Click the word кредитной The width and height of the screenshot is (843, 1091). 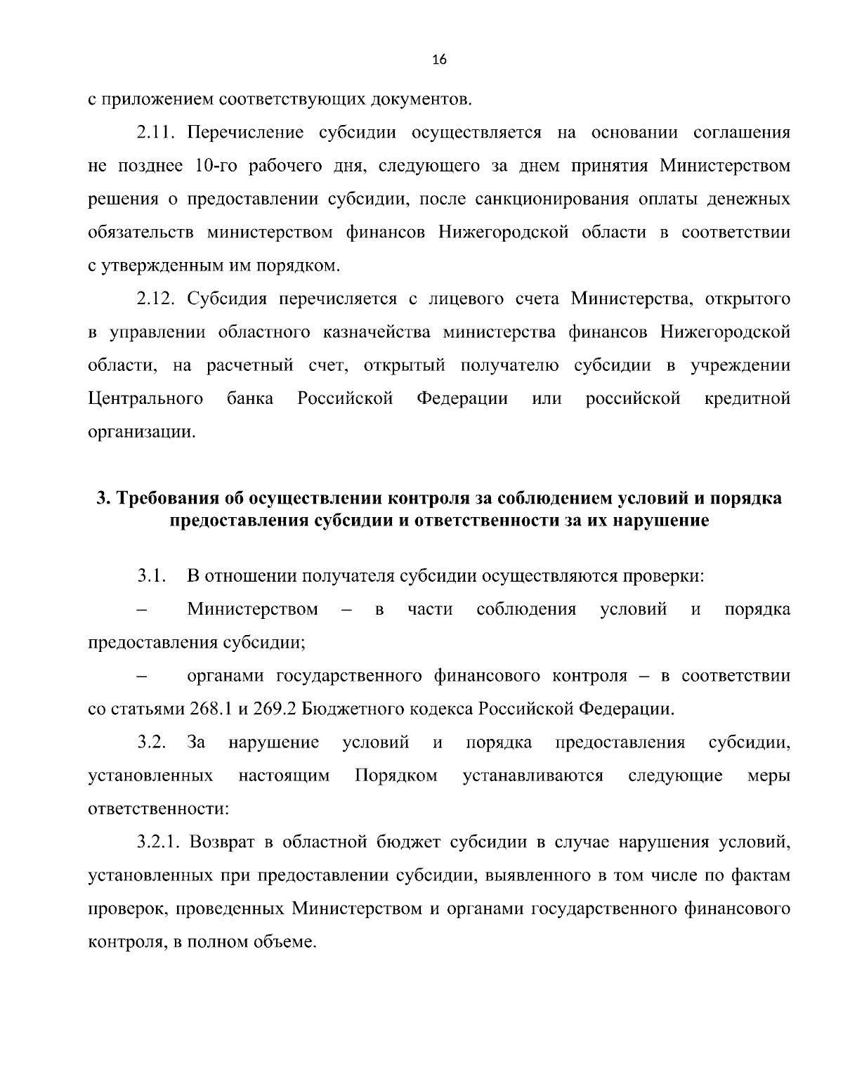pyautogui.click(x=747, y=399)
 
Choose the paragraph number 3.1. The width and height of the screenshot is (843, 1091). pyautogui.click(x=151, y=577)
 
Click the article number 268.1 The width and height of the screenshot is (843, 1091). pyautogui.click(x=211, y=709)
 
